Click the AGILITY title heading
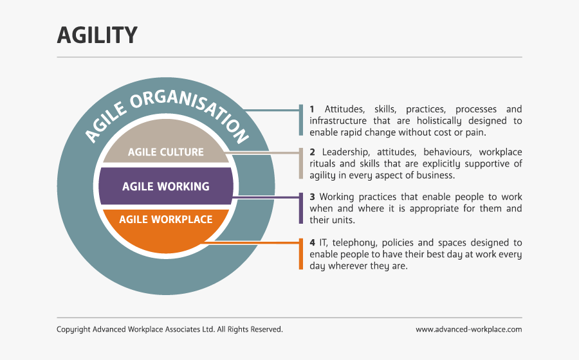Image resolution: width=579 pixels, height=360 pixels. pos(97,35)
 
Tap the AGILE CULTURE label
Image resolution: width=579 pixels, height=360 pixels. pos(165,152)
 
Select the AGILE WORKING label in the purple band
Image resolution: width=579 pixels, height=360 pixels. pos(165,186)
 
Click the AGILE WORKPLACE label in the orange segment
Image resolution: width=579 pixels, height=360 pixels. pos(165,219)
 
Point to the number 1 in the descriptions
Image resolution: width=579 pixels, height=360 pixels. pos(312,109)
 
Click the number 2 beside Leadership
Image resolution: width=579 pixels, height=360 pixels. pos(312,152)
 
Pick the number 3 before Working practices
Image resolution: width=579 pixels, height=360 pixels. pos(312,197)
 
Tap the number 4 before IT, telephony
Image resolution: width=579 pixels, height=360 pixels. pos(312,242)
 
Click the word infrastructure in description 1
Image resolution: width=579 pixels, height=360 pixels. pos(338,121)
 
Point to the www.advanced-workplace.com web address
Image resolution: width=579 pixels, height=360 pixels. pos(468,329)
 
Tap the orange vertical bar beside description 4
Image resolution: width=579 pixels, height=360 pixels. pos(301,254)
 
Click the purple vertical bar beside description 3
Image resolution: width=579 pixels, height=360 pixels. pos(301,208)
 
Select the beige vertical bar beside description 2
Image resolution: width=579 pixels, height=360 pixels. pos(301,164)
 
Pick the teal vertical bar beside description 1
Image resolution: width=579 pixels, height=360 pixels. pos(301,120)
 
